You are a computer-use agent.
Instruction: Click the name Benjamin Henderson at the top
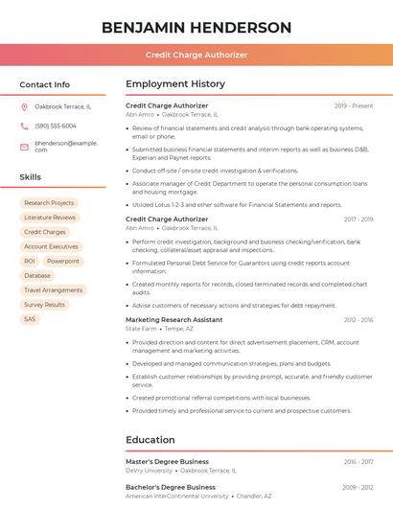[x=196, y=27]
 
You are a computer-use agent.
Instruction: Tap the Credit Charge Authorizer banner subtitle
[x=196, y=55]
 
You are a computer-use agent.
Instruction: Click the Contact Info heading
[x=44, y=84]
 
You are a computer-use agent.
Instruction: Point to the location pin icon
[x=24, y=107]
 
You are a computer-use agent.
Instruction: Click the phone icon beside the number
[x=24, y=126]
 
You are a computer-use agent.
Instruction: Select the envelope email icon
[x=24, y=147]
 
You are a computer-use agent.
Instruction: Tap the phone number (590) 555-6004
[x=56, y=126]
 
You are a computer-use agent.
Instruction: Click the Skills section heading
[x=30, y=177]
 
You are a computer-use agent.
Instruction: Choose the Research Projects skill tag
[x=49, y=203]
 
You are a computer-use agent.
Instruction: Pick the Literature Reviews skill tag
[x=50, y=218]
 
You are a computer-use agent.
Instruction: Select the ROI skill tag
[x=30, y=261]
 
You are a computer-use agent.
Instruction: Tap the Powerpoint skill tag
[x=63, y=261]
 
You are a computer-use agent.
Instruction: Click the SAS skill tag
[x=30, y=319]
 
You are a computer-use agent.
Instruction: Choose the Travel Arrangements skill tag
[x=54, y=289]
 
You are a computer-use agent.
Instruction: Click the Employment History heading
[x=175, y=84]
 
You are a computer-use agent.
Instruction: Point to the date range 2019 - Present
[x=354, y=106]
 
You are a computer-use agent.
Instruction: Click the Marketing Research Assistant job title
[x=173, y=319]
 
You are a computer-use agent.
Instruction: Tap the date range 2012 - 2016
[x=358, y=319]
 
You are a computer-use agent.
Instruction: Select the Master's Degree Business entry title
[x=167, y=462]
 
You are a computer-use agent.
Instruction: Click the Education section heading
[x=150, y=440]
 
